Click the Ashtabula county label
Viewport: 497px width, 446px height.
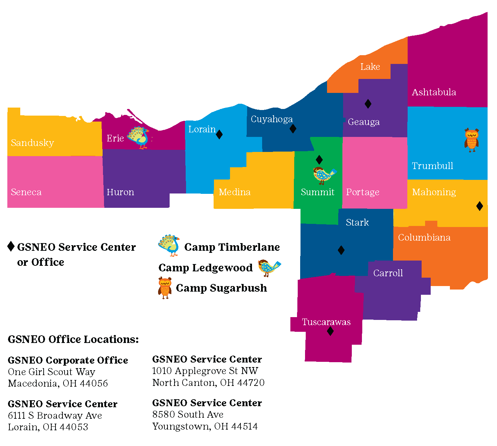[434, 92]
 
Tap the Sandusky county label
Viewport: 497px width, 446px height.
[32, 143]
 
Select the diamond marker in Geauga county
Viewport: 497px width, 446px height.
[368, 104]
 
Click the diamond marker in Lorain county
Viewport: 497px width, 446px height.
[219, 134]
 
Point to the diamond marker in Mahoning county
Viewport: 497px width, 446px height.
[480, 206]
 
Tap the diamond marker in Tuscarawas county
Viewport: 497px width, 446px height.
[330, 331]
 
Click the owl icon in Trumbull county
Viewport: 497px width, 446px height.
[471, 140]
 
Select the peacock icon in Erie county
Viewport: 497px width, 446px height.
[139, 138]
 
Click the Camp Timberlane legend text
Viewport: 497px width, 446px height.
[232, 247]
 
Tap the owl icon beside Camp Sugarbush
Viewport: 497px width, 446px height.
[165, 288]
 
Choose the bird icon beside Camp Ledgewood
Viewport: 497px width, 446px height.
[269, 268]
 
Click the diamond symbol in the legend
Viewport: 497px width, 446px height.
[11, 246]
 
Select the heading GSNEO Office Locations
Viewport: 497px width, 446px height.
[73, 339]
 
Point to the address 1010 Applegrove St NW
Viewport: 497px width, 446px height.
[205, 371]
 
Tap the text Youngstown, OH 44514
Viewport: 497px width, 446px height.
[205, 426]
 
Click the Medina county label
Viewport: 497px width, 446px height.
[235, 192]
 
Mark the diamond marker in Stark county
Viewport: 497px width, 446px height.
[341, 250]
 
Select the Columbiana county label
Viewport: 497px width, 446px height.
[424, 237]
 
